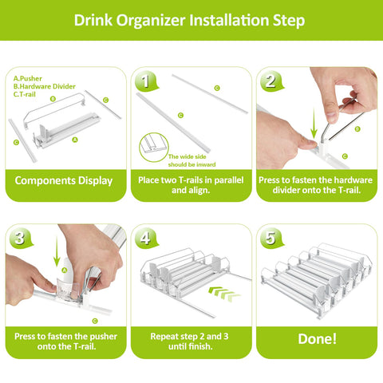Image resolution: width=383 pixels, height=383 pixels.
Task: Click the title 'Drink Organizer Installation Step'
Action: tap(191, 19)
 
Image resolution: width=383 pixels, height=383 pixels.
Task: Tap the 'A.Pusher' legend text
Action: tap(27, 77)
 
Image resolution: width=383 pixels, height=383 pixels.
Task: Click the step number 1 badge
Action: tap(144, 81)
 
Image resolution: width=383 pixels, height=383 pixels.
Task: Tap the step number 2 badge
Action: tap(270, 81)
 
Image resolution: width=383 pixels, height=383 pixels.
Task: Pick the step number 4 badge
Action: tap(144, 238)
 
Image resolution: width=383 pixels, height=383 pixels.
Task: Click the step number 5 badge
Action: tap(270, 238)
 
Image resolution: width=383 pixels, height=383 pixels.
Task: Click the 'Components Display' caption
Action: tap(64, 180)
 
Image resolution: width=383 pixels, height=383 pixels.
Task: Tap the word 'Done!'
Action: tap(317, 338)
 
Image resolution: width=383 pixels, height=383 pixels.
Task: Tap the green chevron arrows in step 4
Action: tap(226, 294)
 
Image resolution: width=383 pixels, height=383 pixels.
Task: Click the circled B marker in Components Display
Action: tap(53, 99)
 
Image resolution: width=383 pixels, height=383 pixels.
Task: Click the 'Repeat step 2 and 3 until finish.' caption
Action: tap(190, 342)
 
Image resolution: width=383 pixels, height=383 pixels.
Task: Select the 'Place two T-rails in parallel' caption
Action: tap(190, 180)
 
